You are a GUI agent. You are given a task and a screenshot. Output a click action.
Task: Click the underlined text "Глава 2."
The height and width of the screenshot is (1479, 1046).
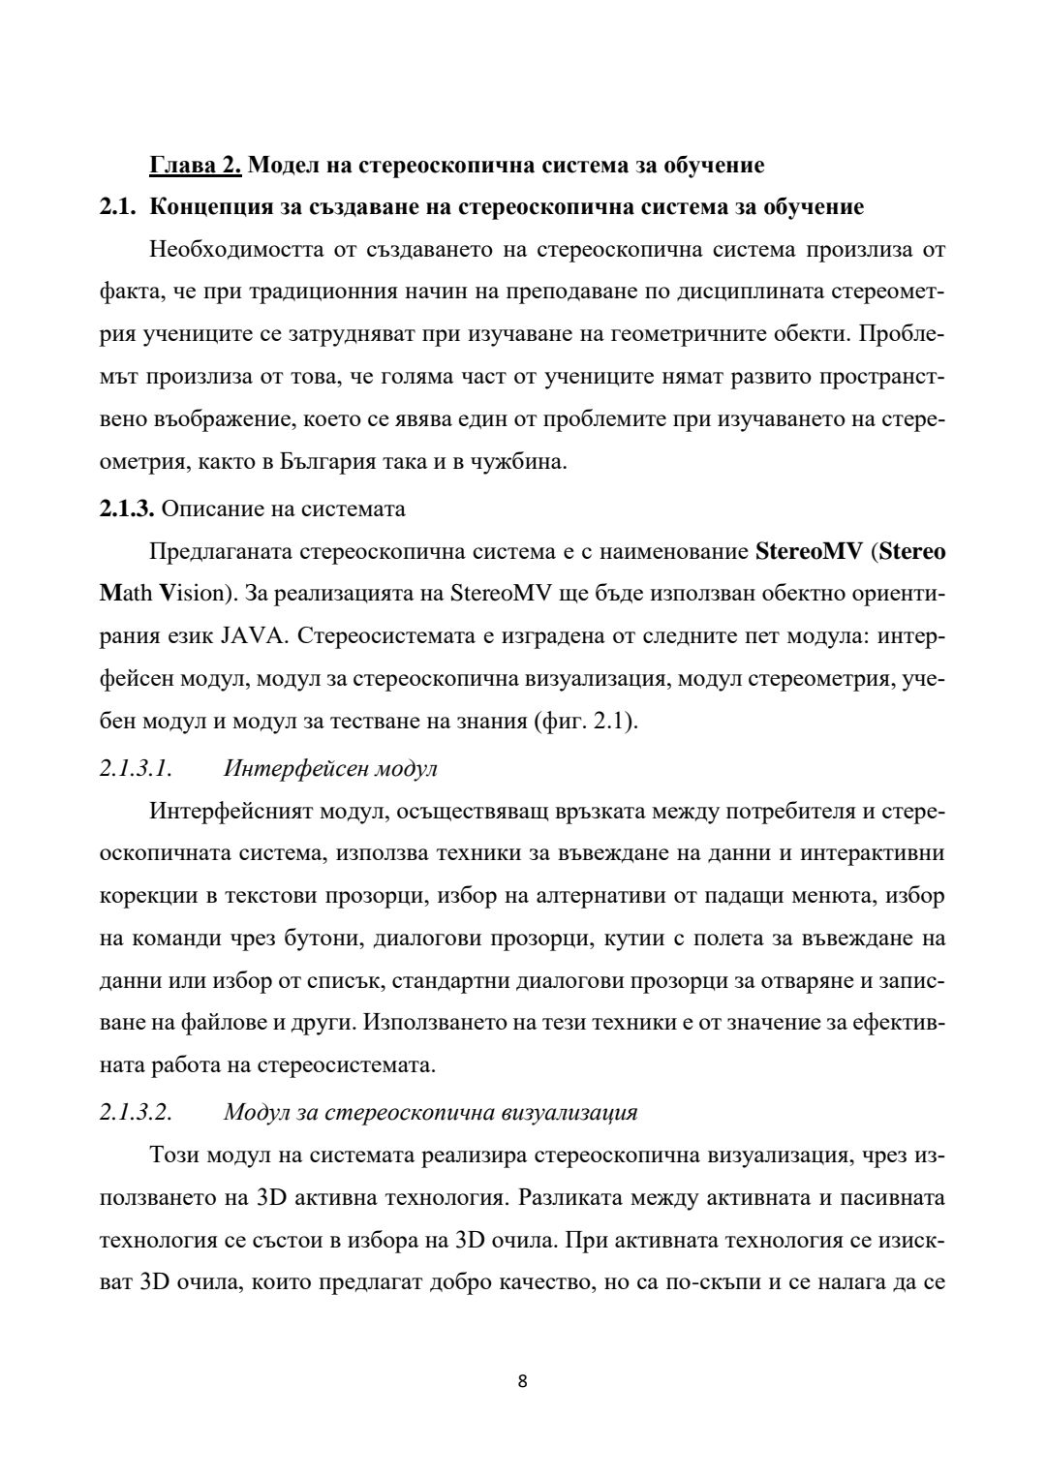(195, 166)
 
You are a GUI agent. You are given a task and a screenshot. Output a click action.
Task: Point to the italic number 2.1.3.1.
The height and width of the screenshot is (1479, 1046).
(136, 769)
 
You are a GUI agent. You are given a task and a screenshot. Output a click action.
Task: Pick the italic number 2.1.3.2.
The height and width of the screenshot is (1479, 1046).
(136, 1112)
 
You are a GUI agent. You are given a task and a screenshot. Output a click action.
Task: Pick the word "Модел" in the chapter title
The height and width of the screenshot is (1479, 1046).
(279, 166)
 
